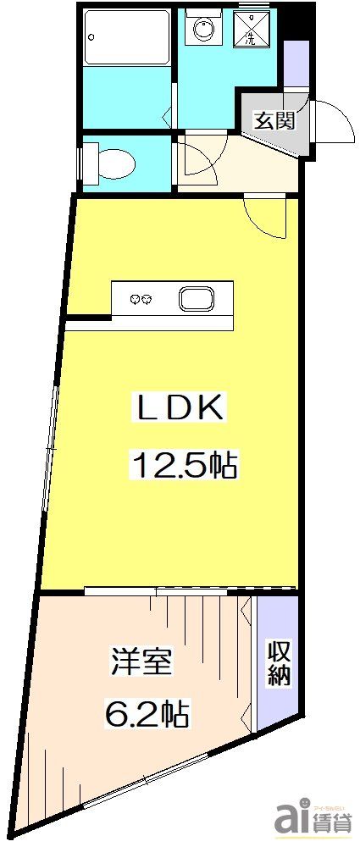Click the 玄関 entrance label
click(273, 121)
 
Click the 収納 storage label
click(279, 664)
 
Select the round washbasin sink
click(204, 31)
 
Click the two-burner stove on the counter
click(141, 299)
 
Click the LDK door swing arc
click(266, 216)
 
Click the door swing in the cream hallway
click(198, 161)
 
